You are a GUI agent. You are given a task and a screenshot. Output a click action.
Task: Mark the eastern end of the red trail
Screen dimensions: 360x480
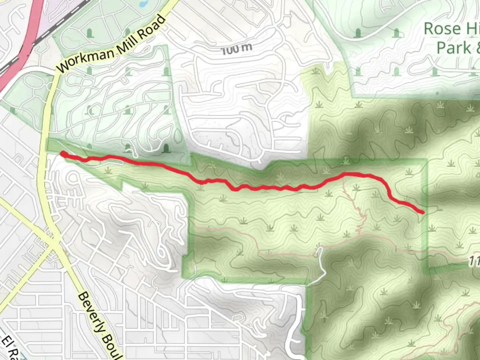(x=423, y=212)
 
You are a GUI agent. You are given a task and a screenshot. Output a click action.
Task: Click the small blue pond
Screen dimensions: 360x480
(x=143, y=4)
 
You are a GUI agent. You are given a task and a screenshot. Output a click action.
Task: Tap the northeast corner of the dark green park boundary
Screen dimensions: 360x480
(x=426, y=160)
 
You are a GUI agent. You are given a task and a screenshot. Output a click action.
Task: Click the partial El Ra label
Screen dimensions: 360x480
(x=10, y=348)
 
